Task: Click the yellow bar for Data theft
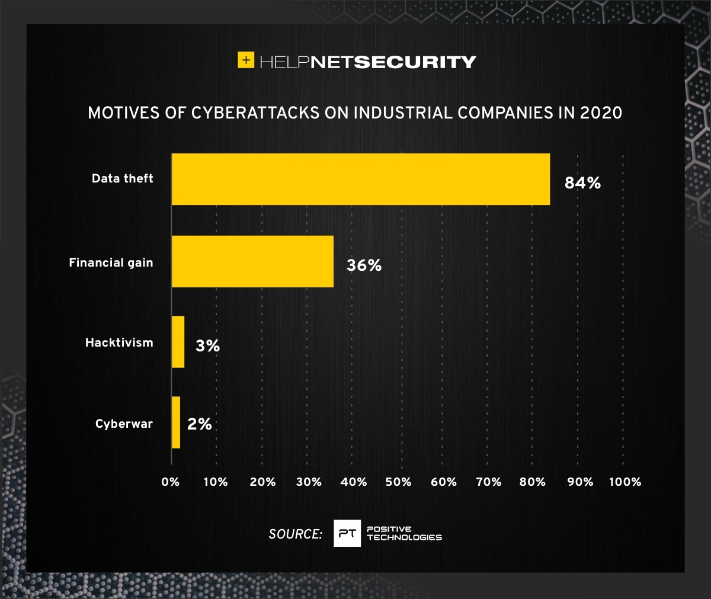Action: point(361,179)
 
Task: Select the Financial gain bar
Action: point(252,261)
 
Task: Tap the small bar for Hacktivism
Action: point(178,342)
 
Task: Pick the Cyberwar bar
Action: point(176,422)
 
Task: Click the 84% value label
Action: point(582,184)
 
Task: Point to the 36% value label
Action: point(364,265)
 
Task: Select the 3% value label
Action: point(207,347)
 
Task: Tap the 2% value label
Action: point(199,424)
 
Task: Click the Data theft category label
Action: point(122,178)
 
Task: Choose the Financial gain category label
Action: point(111,262)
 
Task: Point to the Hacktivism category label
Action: point(119,342)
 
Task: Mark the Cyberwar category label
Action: point(124,424)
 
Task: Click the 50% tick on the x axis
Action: point(398,482)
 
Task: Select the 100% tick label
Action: point(625,482)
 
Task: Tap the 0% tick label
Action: point(171,482)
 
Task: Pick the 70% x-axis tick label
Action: point(488,482)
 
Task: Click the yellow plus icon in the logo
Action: point(246,60)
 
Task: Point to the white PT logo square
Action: point(347,533)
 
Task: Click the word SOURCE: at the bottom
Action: point(295,534)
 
